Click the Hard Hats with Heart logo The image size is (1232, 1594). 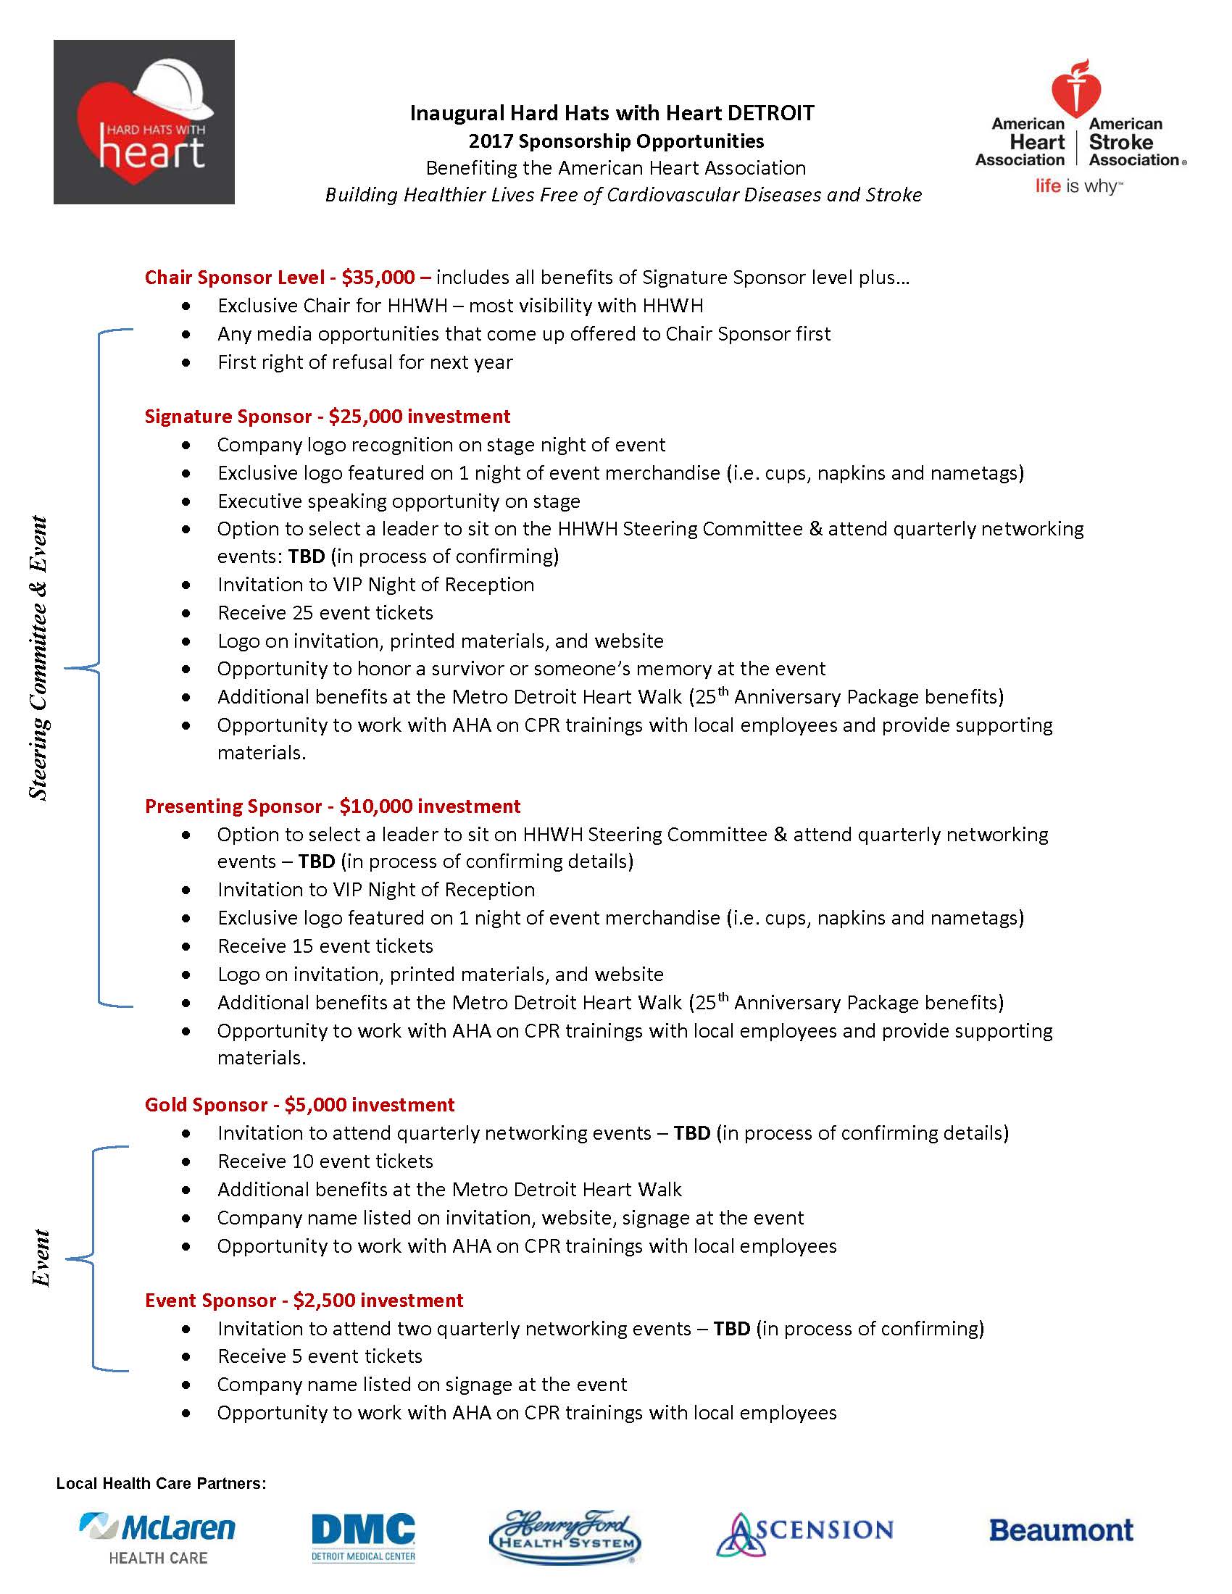click(143, 122)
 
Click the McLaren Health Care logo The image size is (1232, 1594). click(158, 1536)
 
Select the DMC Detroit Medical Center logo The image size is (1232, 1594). click(364, 1536)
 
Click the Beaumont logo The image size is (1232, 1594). click(1061, 1530)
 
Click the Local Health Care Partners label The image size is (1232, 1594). click(162, 1483)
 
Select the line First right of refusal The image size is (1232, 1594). click(365, 362)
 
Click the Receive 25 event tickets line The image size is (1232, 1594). click(325, 613)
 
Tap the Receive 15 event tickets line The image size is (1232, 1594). click(325, 947)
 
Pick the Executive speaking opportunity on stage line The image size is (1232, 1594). click(399, 501)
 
